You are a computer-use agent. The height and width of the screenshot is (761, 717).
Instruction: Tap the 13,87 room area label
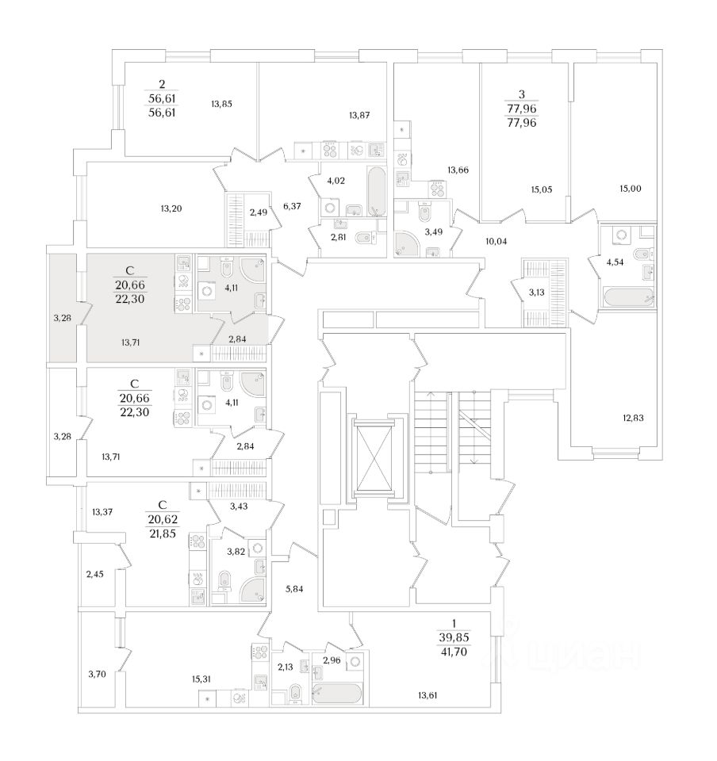pyautogui.click(x=359, y=116)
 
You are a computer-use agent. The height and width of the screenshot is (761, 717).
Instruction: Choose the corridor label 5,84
pyautogui.click(x=293, y=589)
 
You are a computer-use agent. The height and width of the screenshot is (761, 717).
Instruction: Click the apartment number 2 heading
pyautogui.click(x=162, y=84)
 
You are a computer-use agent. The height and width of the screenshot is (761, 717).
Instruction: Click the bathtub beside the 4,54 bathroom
pyautogui.click(x=627, y=298)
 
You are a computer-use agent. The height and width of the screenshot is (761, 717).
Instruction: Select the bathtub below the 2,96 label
pyautogui.click(x=337, y=694)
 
